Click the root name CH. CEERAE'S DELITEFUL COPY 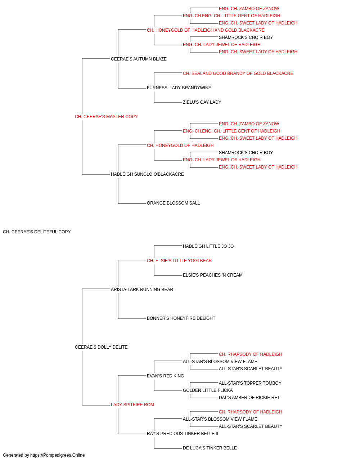(x=37, y=232)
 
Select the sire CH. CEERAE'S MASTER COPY (x=106, y=117)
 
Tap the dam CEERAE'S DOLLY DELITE (x=101, y=347)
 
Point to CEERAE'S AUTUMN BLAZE (x=139, y=59)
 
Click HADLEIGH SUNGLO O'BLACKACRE (x=147, y=174)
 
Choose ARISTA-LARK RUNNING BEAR (x=142, y=289)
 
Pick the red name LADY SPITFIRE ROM (x=132, y=405)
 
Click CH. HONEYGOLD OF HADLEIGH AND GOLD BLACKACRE (x=206, y=30)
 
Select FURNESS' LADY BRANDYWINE (x=179, y=88)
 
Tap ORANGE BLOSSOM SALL (x=173, y=203)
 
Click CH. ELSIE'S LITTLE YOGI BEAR (x=179, y=261)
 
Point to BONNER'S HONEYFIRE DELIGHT (x=181, y=318)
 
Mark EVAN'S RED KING (x=165, y=376)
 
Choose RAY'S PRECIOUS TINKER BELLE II (x=182, y=434)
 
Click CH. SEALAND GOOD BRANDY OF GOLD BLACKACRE (x=238, y=73)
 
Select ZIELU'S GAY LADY (x=202, y=102)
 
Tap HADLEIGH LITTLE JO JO (x=208, y=246)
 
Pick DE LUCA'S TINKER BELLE (x=210, y=448)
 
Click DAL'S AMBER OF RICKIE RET (x=249, y=398)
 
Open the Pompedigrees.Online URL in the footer (x=57, y=455)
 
